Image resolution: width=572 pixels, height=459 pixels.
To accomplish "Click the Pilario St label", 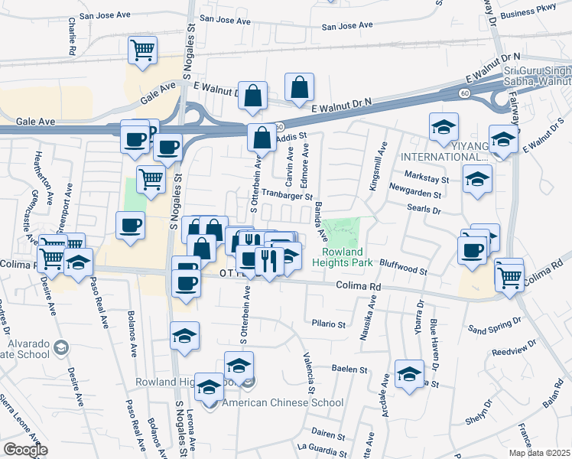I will point(329,324).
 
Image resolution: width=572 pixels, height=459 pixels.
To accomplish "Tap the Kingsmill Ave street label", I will point(374,166).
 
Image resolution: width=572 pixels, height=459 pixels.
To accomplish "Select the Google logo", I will point(24,449).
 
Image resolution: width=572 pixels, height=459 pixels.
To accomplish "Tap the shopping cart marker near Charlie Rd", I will point(143,51).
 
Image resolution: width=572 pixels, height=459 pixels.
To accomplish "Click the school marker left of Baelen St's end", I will point(239,365).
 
